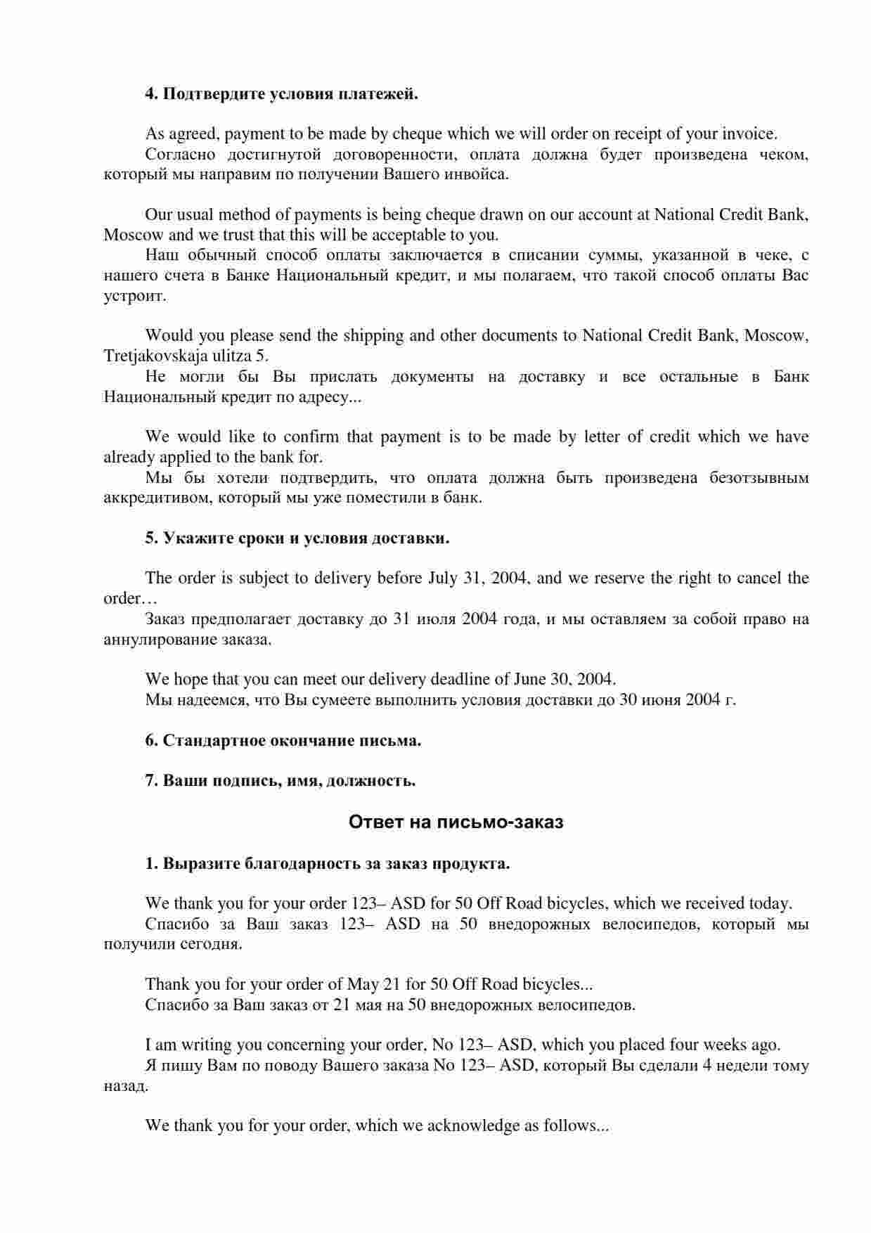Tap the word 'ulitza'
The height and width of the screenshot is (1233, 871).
click(222, 356)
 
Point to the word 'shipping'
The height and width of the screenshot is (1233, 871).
click(372, 335)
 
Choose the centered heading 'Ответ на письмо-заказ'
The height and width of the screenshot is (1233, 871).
click(456, 822)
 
